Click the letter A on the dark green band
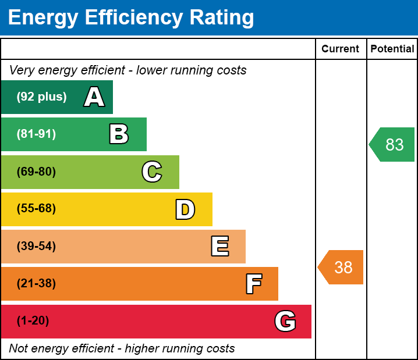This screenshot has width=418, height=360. click(94, 97)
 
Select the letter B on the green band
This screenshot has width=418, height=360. click(119, 134)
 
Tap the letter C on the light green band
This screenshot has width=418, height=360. click(151, 172)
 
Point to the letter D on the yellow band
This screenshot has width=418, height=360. click(185, 209)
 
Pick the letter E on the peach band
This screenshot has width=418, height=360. click(219, 247)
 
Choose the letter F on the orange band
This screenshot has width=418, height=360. click(253, 284)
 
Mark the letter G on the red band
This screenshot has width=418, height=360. click(285, 321)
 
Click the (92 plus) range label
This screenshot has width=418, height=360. click(41, 97)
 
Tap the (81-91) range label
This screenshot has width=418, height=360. click(36, 134)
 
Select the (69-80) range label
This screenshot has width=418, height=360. click(36, 172)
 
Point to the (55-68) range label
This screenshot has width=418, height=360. click(36, 209)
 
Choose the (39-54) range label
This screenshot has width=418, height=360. click(36, 246)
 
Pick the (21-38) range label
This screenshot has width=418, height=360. click(36, 284)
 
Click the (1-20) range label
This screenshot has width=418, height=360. click(33, 321)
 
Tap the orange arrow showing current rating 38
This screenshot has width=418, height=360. click(341, 268)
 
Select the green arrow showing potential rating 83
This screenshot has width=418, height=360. click(392, 144)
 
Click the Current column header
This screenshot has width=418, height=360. click(341, 49)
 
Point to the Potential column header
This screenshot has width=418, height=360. click(392, 49)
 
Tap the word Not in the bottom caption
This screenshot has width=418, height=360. click(19, 348)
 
